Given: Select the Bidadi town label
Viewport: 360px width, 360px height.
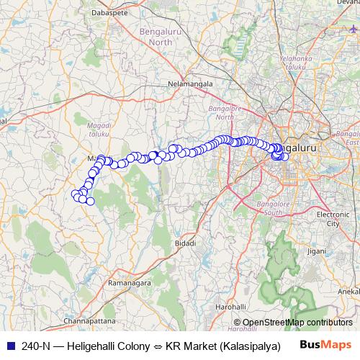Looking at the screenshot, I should [x=185, y=244].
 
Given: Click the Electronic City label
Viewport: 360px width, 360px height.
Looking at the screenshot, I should [x=333, y=219].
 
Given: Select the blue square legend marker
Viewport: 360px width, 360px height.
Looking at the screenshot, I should [x=9, y=345].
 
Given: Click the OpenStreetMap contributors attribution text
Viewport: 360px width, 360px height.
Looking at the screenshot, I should [x=297, y=322].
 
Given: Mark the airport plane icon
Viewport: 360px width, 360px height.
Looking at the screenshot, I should [x=353, y=30].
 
